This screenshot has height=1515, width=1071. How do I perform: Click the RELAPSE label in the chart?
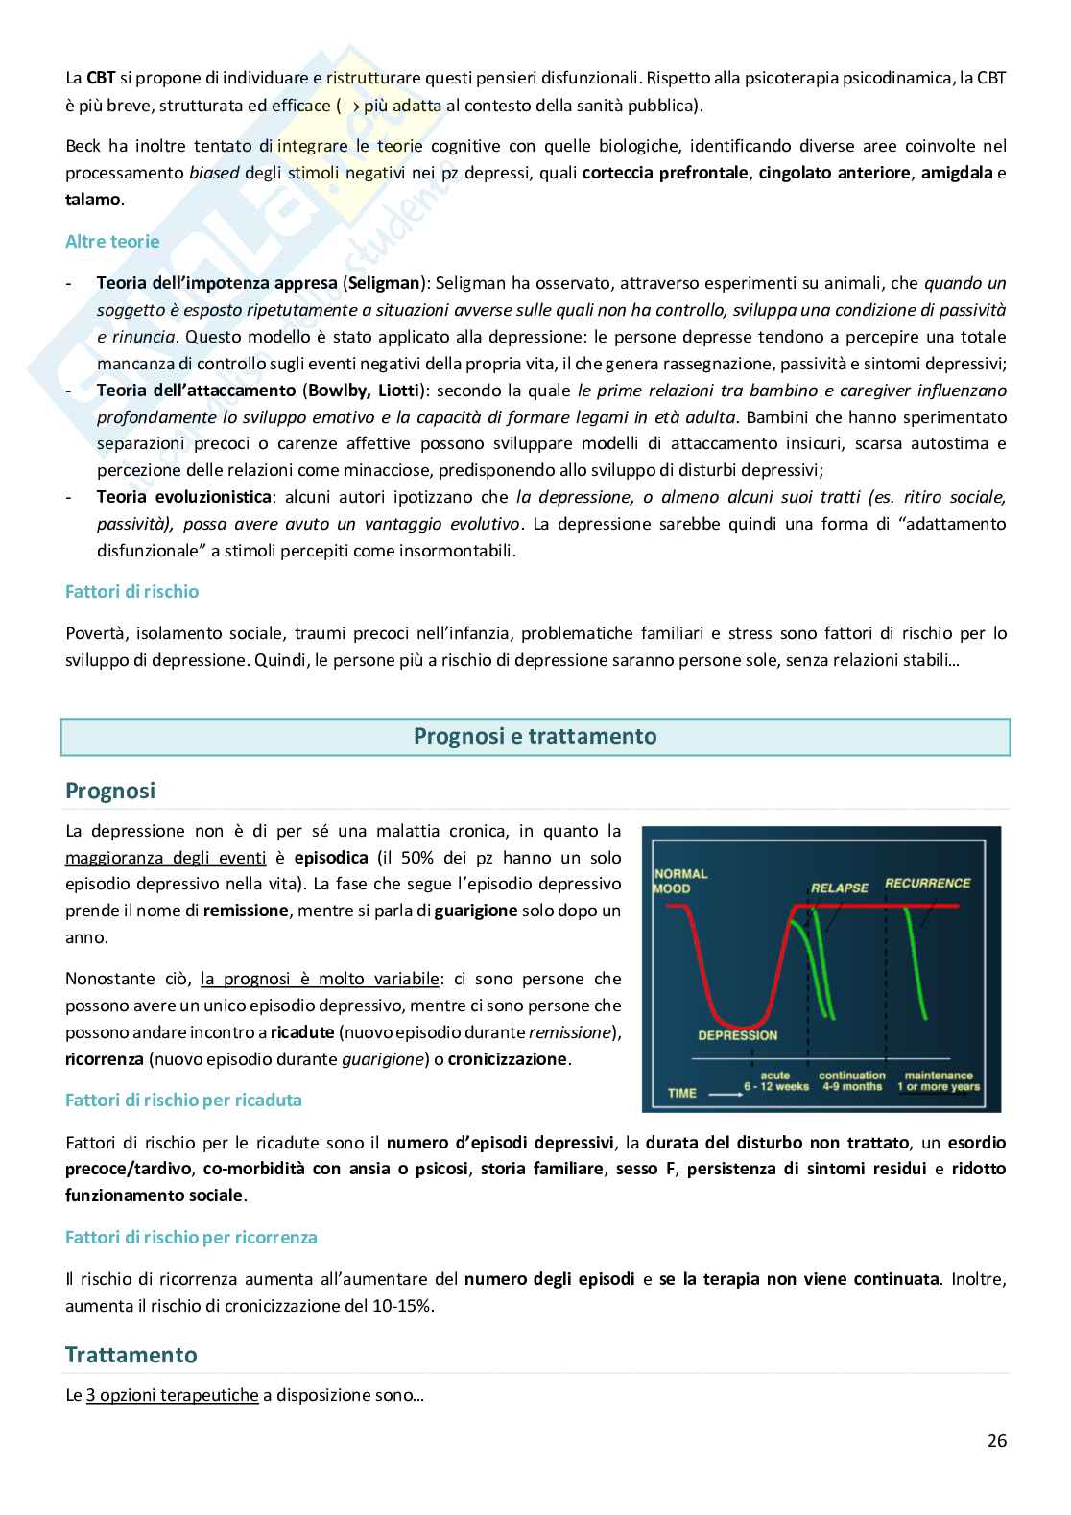(839, 888)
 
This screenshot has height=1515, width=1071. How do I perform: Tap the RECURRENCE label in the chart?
(927, 883)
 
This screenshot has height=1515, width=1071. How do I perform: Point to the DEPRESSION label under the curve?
(737, 1035)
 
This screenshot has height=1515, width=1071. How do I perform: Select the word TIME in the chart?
(681, 1093)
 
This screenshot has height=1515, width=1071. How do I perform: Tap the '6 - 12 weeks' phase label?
(778, 1087)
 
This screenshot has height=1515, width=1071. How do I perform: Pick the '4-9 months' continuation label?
(851, 1087)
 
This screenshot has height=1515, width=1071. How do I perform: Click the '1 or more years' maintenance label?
(939, 1087)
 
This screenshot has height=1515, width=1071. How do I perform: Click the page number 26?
(996, 1440)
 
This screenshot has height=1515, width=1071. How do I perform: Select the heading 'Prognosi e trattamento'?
(535, 737)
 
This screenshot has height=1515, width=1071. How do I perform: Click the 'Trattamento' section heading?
(131, 1355)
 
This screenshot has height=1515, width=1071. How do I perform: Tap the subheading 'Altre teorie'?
(112, 242)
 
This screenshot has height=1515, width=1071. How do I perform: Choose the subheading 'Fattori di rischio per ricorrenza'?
(191, 1237)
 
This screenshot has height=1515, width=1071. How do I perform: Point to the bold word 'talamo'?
(93, 200)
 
